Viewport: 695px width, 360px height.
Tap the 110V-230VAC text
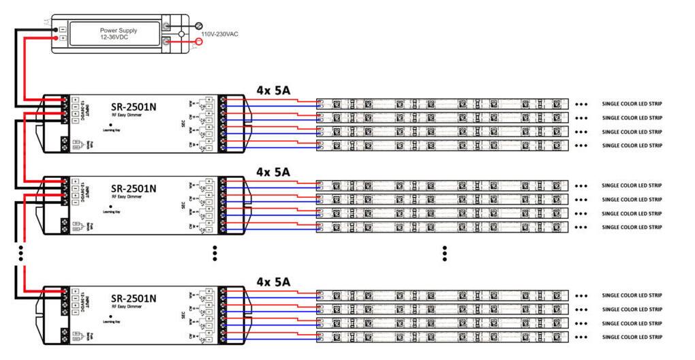tap(219, 33)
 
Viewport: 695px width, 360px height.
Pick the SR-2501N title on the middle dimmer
tap(134, 188)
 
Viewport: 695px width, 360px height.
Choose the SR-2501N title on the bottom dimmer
tap(134, 298)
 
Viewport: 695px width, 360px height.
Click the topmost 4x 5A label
tap(273, 90)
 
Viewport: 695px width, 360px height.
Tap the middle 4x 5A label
tap(273, 172)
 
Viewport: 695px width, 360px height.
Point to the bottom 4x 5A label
tap(273, 281)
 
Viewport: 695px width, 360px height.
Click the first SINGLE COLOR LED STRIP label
tap(632, 104)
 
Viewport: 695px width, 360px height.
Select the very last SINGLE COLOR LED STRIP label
tap(632, 337)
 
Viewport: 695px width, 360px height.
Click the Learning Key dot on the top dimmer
tap(111, 125)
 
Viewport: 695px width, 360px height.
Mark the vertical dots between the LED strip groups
tap(444, 253)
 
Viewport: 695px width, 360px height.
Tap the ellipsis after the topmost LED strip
tap(581, 104)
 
